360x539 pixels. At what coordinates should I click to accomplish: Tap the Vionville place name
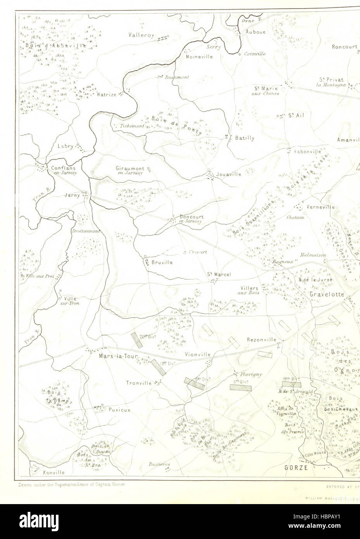pos(197,354)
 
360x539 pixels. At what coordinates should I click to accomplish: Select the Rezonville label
pos(262,340)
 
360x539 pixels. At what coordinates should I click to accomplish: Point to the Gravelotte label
pos(327,294)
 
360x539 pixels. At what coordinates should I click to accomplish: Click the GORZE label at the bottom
pos(296,468)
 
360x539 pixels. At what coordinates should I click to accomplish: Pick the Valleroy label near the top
pos(142,35)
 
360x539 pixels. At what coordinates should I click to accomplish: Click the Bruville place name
pos(162,262)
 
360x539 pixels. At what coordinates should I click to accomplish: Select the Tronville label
pos(138,383)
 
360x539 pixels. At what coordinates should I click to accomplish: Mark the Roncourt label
pos(344,47)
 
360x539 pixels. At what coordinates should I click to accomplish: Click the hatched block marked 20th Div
pos(136,340)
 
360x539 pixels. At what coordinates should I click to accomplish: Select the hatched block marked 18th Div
pos(291,384)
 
